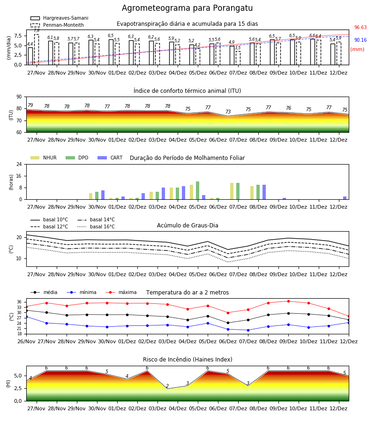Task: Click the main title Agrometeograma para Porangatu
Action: (187, 8)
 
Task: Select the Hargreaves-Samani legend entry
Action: (60, 18)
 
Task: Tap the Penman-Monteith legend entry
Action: (57, 25)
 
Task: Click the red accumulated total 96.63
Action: (360, 28)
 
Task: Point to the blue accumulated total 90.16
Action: (360, 40)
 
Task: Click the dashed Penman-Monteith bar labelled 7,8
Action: (37, 50)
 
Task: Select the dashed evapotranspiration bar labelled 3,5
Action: (238, 58)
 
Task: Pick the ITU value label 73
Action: (228, 112)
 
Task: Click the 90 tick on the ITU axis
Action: (19, 97)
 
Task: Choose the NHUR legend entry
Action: (44, 158)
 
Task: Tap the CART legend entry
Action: (110, 158)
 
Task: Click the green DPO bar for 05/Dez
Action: (198, 190)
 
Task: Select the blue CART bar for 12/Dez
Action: (345, 198)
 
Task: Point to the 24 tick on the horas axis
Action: (19, 165)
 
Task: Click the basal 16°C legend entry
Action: (96, 226)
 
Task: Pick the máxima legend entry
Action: (121, 292)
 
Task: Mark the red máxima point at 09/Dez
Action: (289, 301)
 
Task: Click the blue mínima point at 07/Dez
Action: (248, 330)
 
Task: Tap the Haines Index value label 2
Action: (167, 386)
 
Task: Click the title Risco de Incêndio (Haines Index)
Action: (187, 360)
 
